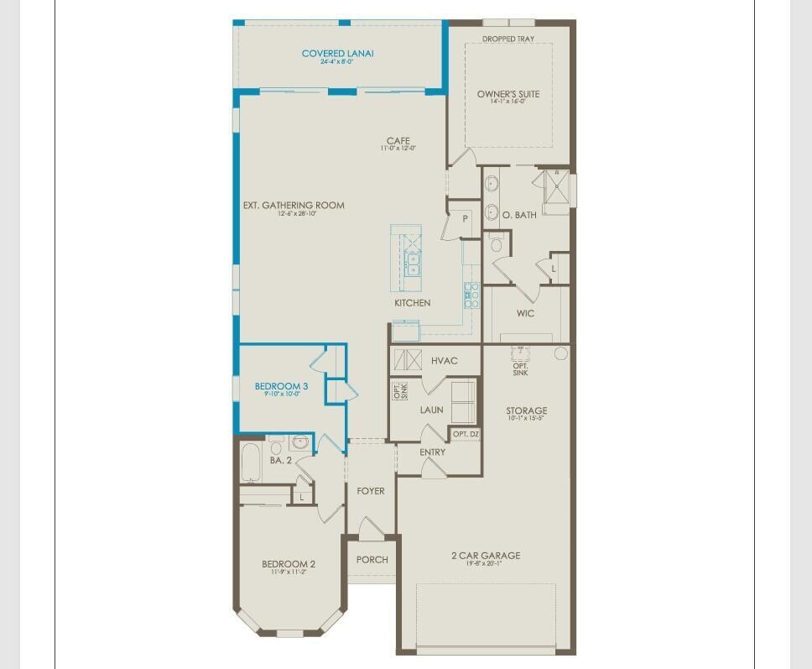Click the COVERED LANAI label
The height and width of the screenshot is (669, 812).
337,54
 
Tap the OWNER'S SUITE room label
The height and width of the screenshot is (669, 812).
508,94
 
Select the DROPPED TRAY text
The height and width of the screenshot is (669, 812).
507,39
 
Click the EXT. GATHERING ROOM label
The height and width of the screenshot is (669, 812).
294,206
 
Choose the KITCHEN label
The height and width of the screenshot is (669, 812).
413,303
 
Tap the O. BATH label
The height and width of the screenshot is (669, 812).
519,216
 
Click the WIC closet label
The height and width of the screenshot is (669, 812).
526,314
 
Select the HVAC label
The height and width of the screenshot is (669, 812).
445,361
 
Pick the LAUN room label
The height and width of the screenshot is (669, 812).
432,410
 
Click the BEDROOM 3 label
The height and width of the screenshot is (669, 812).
282,386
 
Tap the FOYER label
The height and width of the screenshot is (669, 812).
371,491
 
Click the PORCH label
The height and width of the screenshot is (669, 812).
372,560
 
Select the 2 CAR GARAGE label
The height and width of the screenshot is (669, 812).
486,556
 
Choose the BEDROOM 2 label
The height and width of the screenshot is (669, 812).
289,564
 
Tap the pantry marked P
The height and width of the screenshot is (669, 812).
465,218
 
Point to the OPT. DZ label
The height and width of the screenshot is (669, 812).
466,434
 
